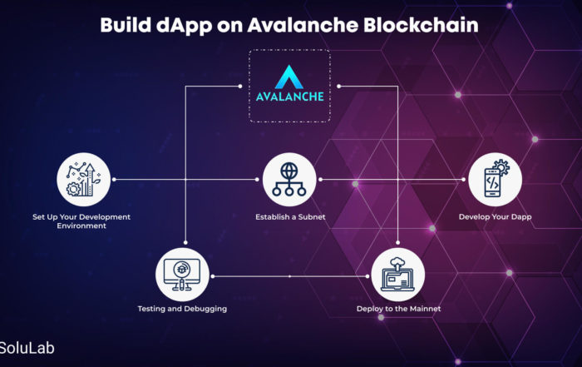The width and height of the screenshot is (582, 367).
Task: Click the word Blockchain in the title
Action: (x=421, y=25)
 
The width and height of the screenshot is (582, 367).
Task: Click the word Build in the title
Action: (x=126, y=25)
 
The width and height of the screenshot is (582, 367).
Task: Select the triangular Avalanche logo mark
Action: (x=289, y=77)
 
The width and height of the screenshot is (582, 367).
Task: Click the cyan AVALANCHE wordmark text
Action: (x=289, y=97)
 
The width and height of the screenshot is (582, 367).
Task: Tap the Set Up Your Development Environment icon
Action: (x=83, y=180)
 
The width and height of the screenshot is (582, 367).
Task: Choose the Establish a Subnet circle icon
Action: (x=289, y=180)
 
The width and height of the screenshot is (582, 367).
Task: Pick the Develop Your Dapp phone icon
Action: (x=496, y=180)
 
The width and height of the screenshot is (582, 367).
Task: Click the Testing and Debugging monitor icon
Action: (x=182, y=275)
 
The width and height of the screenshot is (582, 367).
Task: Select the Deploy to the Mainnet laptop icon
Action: (x=398, y=275)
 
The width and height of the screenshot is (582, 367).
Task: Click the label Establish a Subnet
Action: (x=290, y=217)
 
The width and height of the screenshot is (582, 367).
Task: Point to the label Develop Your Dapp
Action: (x=496, y=217)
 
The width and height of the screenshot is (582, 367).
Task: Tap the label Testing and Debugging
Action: (x=182, y=309)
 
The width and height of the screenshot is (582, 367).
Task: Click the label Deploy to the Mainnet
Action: (x=398, y=309)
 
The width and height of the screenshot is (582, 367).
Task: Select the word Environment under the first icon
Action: (x=81, y=226)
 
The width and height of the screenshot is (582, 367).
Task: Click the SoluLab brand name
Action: (x=27, y=348)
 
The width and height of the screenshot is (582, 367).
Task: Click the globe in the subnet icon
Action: (x=289, y=171)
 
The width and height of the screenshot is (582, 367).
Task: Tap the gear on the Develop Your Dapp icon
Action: (x=501, y=166)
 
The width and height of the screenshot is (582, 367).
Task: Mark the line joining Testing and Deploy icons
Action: (x=290, y=276)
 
